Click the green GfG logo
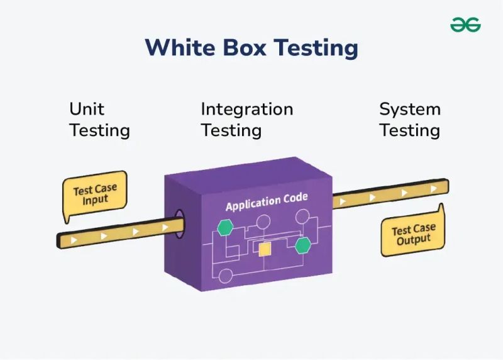pyautogui.click(x=465, y=25)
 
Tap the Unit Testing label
pyautogui.click(x=99, y=120)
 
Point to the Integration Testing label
pyautogui.click(x=246, y=120)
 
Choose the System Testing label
pyautogui.click(x=409, y=120)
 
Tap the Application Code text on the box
pyautogui.click(x=267, y=203)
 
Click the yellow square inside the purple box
pyautogui.click(x=265, y=249)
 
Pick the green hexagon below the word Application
pyautogui.click(x=224, y=228)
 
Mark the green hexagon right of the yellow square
pyautogui.click(x=303, y=245)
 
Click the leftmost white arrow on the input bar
pyautogui.click(x=75, y=240)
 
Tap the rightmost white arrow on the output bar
pyautogui.click(x=433, y=188)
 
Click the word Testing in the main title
pyautogui.click(x=320, y=48)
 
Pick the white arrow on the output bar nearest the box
pyautogui.click(x=343, y=202)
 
